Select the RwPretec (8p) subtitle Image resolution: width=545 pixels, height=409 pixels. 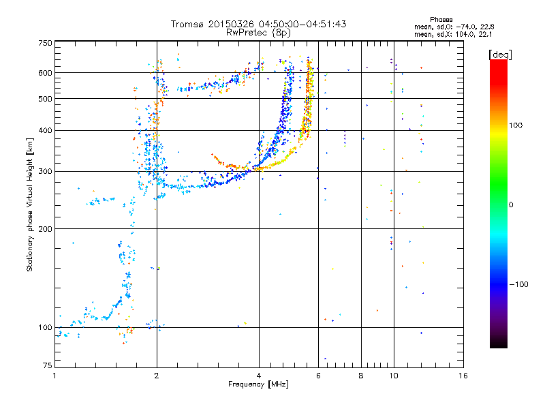click(258, 33)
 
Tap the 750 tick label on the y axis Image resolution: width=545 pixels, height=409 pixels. click(45, 43)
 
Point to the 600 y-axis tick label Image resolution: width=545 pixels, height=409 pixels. click(45, 73)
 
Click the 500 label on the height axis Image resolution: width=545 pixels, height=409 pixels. click(45, 99)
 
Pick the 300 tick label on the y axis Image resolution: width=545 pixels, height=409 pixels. click(45, 172)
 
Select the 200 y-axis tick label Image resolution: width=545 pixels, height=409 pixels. click(45, 229)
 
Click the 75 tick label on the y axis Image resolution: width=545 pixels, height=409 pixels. click(48, 365)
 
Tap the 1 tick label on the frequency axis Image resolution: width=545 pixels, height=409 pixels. click(54, 376)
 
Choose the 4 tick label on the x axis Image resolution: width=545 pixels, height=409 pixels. click(259, 376)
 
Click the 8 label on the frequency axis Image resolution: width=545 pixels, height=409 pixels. click(361, 376)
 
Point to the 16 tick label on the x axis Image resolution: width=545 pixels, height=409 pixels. click(463, 376)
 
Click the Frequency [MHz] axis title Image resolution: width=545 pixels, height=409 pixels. click(258, 384)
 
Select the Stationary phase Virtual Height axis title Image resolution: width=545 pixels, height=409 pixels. click(30, 204)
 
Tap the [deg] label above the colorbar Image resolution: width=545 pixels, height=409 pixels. click(500, 55)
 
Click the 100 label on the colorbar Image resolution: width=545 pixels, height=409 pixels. click(516, 125)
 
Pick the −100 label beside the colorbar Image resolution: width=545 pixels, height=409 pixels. click(518, 284)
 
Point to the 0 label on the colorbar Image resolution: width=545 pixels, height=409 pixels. click(511, 205)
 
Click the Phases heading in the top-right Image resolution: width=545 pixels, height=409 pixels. click(441, 20)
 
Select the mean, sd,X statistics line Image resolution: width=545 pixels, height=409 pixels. click(453, 35)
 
